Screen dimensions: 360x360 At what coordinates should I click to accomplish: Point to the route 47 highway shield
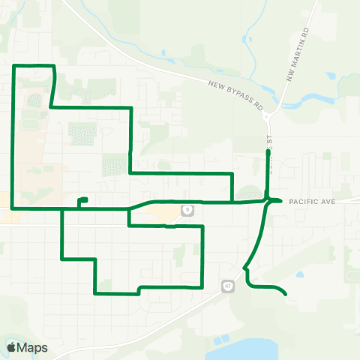[x=226, y=285]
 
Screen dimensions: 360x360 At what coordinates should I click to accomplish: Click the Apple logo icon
[x=11, y=347]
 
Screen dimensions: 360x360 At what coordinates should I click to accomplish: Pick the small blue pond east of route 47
[x=303, y=274]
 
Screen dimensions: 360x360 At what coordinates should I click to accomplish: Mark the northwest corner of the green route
[x=13, y=67]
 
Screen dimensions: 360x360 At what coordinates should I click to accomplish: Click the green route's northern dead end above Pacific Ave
[x=268, y=151]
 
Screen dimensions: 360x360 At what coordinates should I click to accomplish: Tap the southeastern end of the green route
[x=286, y=295]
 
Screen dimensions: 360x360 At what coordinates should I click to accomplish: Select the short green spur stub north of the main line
[x=82, y=199]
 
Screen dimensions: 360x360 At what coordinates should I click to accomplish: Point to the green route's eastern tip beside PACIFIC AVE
[x=280, y=200]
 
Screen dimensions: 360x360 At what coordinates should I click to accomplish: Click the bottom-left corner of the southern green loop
[x=95, y=292]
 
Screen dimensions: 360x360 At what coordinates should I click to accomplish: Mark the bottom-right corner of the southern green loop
[x=203, y=286]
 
